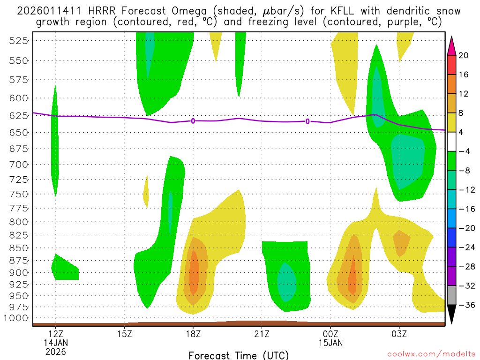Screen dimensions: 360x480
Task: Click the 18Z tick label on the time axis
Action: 193,334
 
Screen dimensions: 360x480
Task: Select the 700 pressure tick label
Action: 19,164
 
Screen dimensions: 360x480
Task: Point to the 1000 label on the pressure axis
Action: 17,318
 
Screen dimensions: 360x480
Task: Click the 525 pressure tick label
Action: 19,40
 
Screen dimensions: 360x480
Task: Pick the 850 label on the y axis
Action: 19,248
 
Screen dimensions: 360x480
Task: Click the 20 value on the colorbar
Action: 464,55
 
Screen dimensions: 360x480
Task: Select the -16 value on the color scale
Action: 465,209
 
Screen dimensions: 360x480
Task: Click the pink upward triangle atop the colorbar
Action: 452,45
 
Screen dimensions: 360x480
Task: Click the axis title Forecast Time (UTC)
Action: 239,355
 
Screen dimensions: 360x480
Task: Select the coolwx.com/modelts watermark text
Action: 431,354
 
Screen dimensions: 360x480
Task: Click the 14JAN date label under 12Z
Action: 56,343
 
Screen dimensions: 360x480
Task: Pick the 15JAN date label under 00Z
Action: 330,343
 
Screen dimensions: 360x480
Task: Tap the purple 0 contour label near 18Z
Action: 193,121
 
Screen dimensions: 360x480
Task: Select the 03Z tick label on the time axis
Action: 399,334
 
